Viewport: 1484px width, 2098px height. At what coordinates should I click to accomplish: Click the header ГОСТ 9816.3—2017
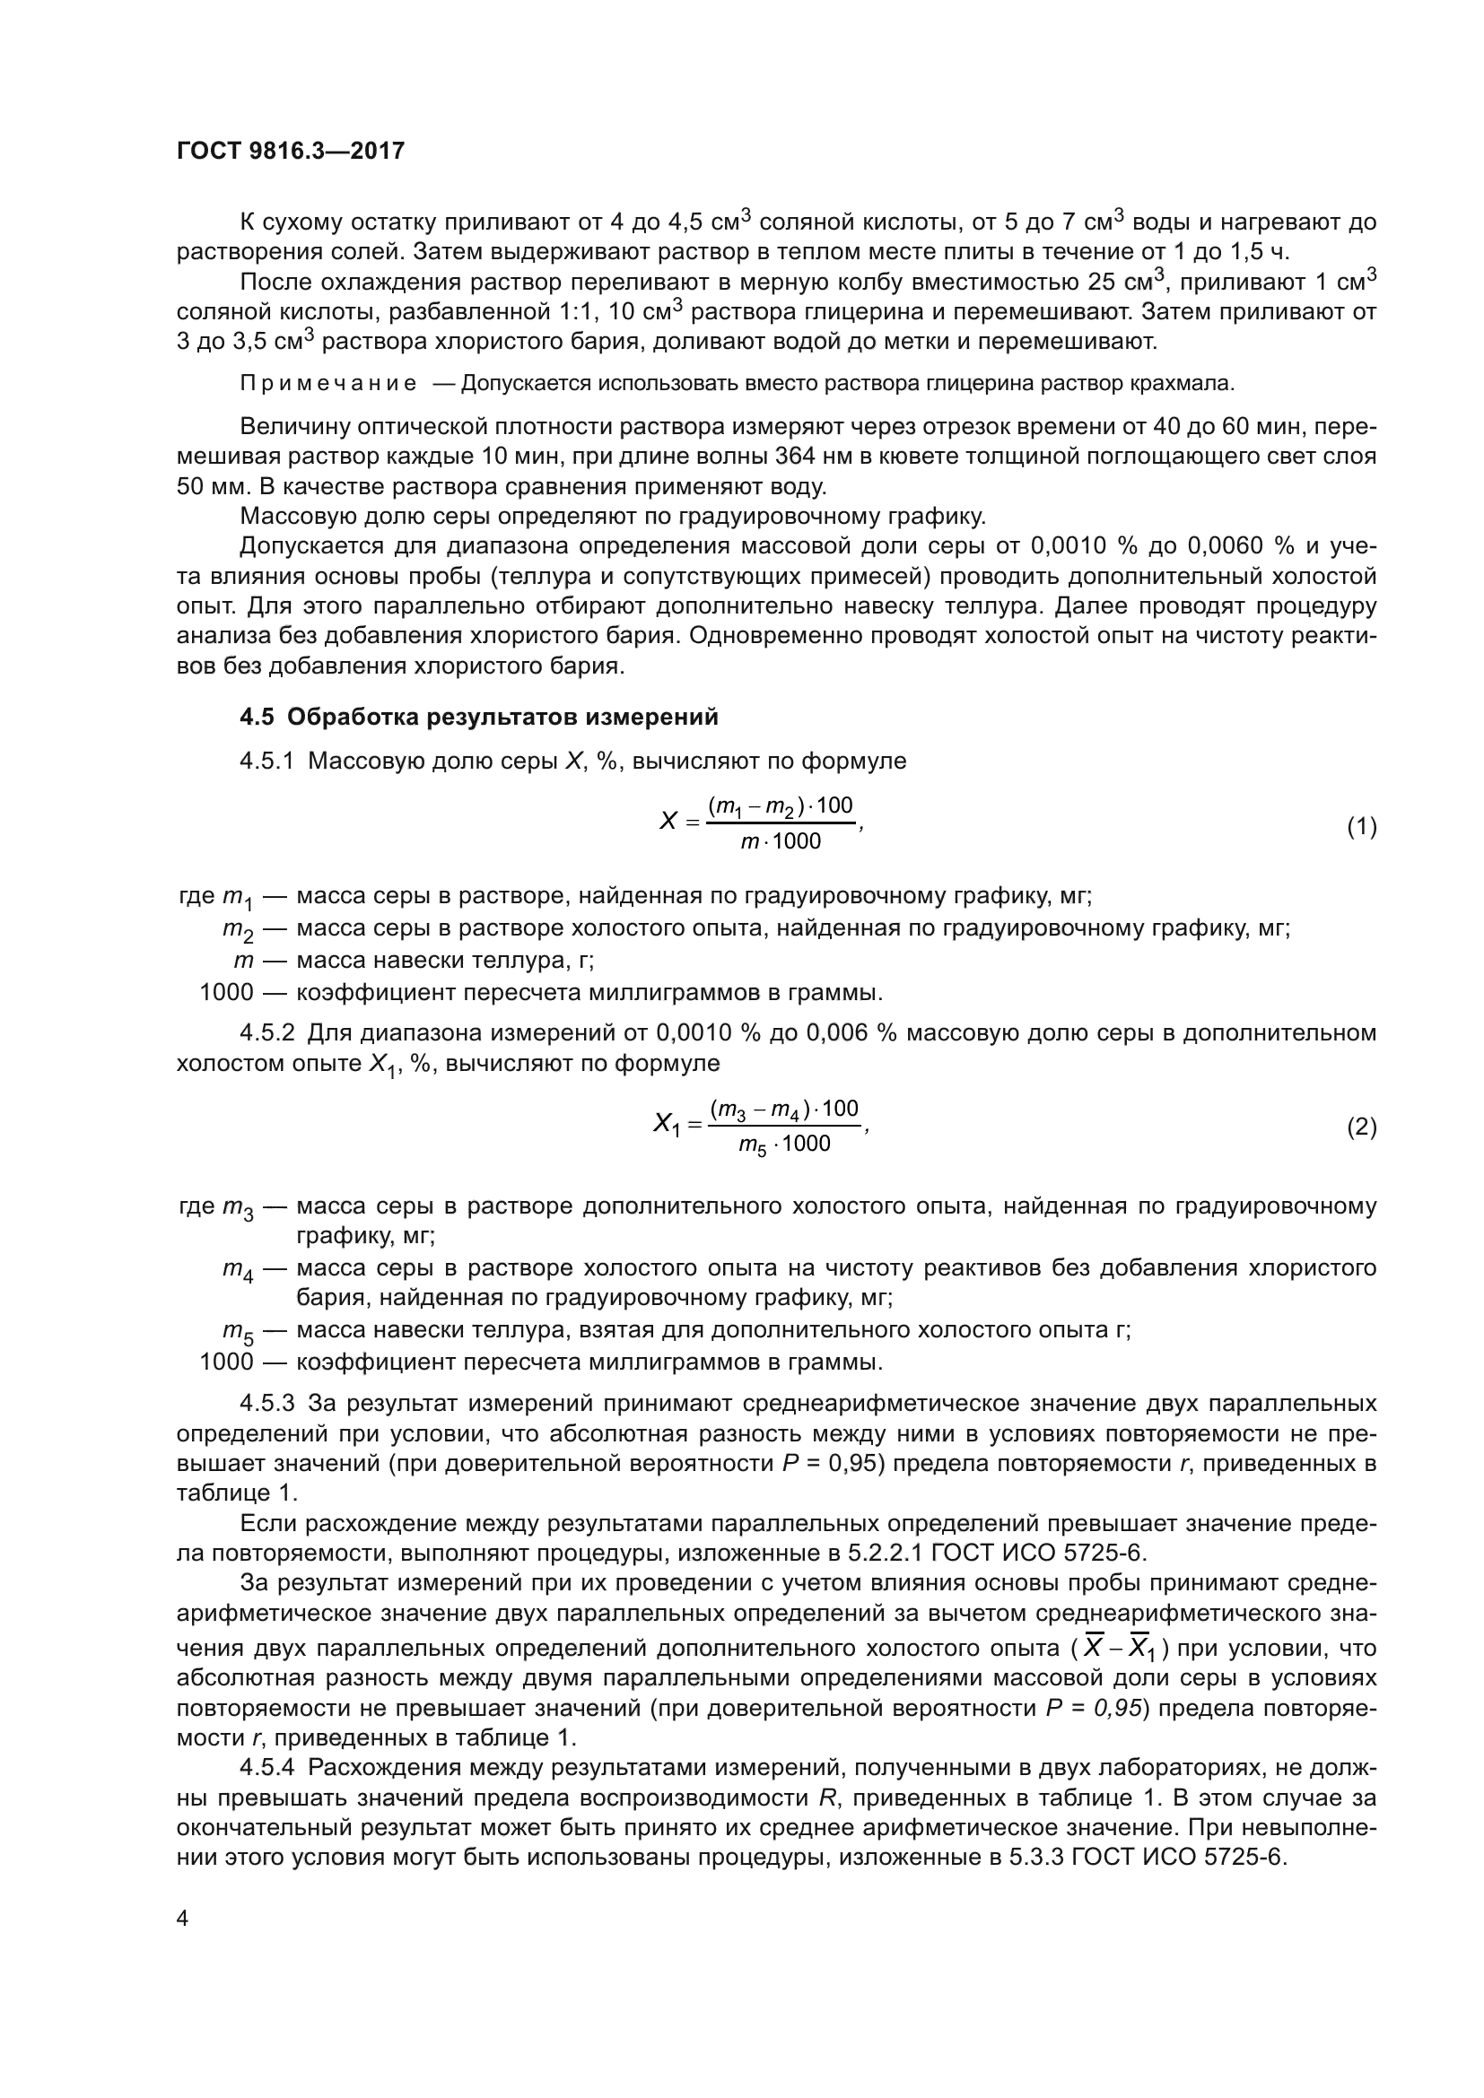point(290,151)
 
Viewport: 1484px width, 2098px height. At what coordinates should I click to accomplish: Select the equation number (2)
point(1361,1127)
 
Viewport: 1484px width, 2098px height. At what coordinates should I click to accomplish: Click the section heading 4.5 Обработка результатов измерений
point(479,717)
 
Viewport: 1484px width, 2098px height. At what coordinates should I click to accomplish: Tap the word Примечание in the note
point(328,384)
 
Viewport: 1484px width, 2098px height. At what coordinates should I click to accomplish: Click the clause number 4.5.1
point(266,761)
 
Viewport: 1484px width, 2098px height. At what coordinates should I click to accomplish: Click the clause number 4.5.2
point(266,1032)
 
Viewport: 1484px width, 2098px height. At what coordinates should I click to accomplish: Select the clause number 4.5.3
point(266,1403)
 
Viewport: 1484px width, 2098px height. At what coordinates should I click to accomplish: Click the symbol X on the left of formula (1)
point(668,822)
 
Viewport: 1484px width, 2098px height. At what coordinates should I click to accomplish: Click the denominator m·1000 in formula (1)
point(781,841)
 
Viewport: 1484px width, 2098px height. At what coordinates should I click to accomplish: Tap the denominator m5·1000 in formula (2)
point(784,1145)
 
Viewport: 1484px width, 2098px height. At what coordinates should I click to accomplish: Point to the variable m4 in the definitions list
point(238,1270)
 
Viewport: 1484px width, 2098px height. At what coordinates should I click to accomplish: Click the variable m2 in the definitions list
point(238,930)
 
